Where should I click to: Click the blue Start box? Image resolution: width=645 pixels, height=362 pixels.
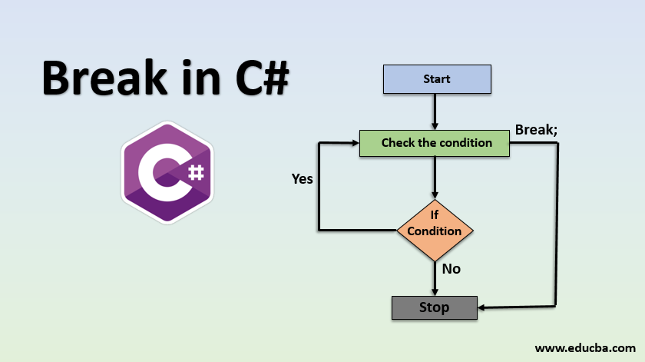436,78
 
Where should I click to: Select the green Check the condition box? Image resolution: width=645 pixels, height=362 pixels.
436,143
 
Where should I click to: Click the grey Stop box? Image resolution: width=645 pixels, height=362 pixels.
434,307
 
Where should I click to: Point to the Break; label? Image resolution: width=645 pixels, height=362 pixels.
536,129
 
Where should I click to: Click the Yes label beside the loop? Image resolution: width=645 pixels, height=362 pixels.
303,179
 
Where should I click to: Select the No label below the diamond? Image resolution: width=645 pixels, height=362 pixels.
451,269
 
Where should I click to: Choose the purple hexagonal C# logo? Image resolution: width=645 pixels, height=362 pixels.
167,172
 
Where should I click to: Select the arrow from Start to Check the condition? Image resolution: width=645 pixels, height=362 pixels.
435,111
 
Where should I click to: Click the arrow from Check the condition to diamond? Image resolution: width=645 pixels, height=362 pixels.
435,177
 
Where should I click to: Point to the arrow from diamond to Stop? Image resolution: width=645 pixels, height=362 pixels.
435,278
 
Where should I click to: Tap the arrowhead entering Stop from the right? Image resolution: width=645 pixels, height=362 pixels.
481,308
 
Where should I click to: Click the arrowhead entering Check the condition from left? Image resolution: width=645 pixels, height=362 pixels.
355,143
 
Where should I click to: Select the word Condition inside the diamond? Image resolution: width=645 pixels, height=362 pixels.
435,231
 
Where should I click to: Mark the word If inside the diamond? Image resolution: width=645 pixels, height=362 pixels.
435,214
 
